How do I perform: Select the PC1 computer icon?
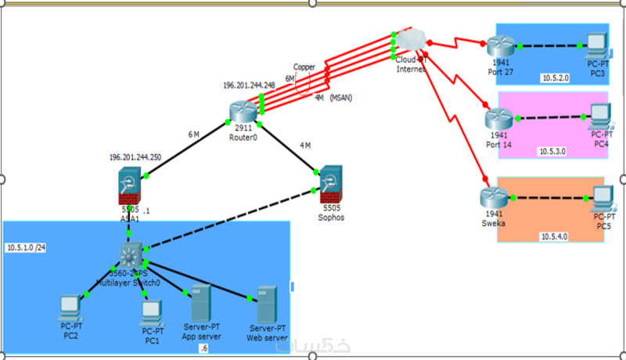coord(151,312)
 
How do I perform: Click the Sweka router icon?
coord(491,199)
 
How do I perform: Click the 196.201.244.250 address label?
coord(135,157)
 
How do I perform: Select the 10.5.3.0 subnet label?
coord(552,151)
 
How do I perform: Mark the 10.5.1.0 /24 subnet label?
coord(27,248)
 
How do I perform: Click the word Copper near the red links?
coord(304,67)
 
